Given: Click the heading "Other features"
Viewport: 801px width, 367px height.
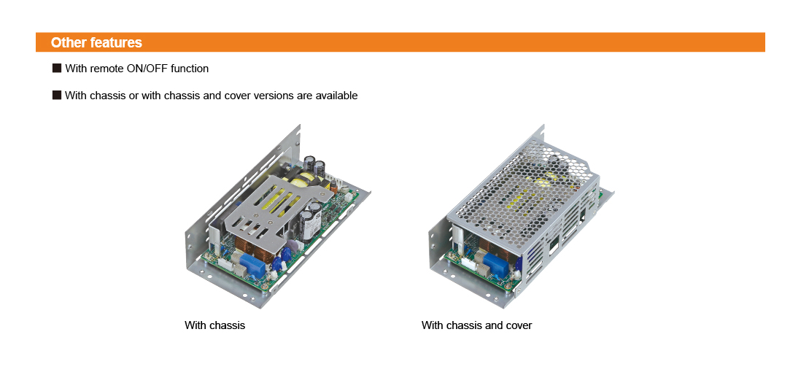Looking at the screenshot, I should click(x=96, y=42).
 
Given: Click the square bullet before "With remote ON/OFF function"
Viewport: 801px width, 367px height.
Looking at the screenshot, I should click(x=57, y=69).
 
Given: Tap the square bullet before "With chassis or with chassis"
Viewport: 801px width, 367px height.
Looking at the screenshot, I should click(x=57, y=96).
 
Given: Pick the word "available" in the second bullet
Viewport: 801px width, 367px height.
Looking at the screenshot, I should click(x=336, y=96).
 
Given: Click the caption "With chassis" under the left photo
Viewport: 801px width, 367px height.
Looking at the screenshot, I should click(x=214, y=325).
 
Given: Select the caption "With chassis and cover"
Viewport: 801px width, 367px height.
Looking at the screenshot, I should click(x=476, y=325).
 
